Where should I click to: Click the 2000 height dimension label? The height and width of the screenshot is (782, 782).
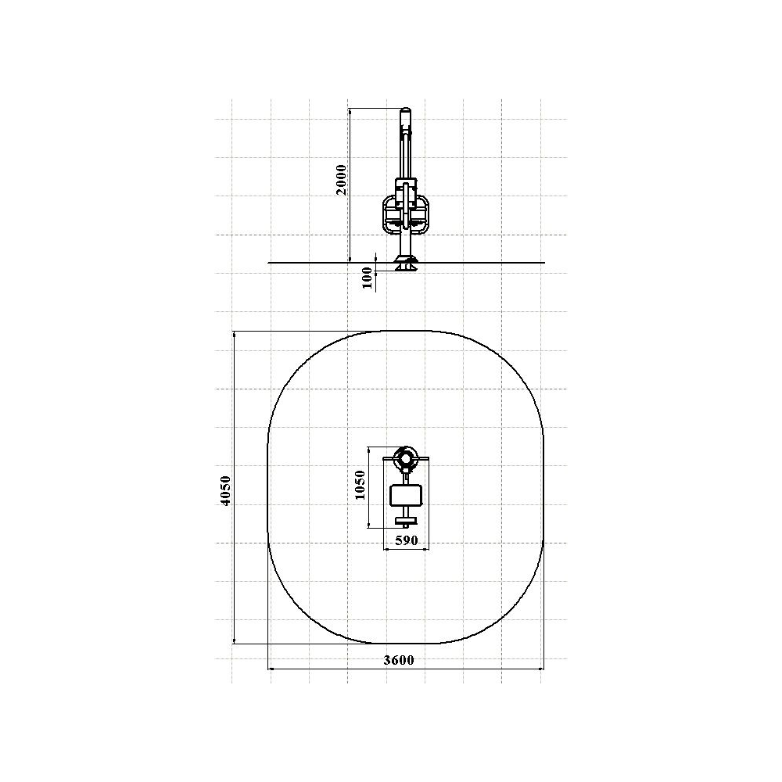[x=341, y=180]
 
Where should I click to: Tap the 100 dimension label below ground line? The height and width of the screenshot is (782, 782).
[x=367, y=278]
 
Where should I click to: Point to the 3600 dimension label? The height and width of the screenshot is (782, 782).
[x=399, y=660]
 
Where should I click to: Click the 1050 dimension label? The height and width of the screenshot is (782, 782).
[x=360, y=485]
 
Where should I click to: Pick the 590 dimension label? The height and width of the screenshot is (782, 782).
[x=406, y=540]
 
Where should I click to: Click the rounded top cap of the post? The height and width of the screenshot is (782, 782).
[x=407, y=111]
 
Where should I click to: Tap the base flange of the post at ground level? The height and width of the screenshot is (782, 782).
[x=406, y=264]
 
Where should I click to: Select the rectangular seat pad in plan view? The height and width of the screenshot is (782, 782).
[x=407, y=495]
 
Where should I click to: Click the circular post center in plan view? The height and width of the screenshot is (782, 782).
[x=407, y=458]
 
